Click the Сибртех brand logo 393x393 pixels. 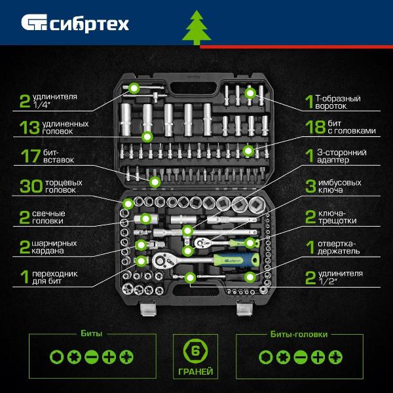(x=75, y=24)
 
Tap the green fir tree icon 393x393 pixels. (x=196, y=28)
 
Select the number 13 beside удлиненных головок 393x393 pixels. (x=29, y=128)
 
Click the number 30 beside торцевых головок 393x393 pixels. (x=31, y=186)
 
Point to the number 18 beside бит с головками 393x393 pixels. (x=315, y=127)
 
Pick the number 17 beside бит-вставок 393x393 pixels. (x=31, y=156)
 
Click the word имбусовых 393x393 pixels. (x=339, y=183)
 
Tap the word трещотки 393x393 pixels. (x=337, y=221)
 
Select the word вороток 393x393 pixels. (x=331, y=106)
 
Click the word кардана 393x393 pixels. (x=48, y=251)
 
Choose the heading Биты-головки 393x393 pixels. (x=299, y=334)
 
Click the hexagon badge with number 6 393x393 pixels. (x=195, y=351)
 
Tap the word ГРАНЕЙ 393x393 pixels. (x=195, y=371)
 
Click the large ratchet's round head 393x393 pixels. (x=160, y=261)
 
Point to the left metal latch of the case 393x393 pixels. (x=149, y=310)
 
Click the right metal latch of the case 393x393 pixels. (x=244, y=310)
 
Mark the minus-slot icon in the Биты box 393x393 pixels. (x=92, y=357)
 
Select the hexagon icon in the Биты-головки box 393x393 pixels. (x=266, y=357)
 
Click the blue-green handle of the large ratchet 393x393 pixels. (x=236, y=260)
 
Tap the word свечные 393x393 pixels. (x=48, y=214)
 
